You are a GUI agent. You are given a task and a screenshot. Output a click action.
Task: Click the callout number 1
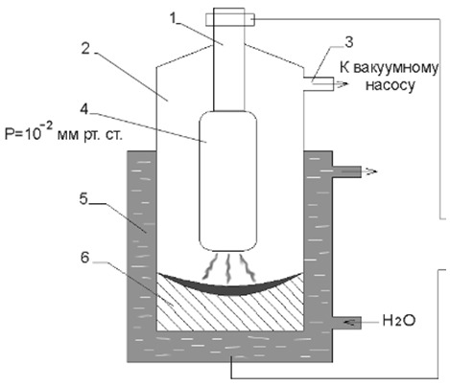pyautogui.click(x=174, y=18)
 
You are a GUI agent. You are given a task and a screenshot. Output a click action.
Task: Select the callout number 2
pyautogui.click(x=85, y=48)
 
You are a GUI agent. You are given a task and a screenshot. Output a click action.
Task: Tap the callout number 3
pyautogui.click(x=349, y=42)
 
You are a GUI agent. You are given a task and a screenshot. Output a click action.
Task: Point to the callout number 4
pyautogui.click(x=84, y=109)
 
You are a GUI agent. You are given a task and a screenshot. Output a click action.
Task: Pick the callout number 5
pyautogui.click(x=83, y=199)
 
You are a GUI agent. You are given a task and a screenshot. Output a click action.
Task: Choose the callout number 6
pyautogui.click(x=84, y=258)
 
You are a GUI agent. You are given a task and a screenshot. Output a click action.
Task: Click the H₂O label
pyautogui.click(x=399, y=320)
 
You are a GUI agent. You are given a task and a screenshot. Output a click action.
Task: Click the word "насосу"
pyautogui.click(x=391, y=85)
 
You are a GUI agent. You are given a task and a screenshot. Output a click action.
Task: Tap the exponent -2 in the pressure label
pyautogui.click(x=46, y=126)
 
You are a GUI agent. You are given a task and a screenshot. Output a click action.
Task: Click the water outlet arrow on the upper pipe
pyautogui.click(x=367, y=171)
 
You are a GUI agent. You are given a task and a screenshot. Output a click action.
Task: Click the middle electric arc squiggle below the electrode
pyautogui.click(x=228, y=267)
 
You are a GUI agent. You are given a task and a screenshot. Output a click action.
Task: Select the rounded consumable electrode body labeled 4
pyautogui.click(x=227, y=181)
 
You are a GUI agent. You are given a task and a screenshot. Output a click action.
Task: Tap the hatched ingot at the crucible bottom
pyautogui.click(x=229, y=313)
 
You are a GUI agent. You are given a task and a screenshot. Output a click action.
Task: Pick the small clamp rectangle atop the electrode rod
pyautogui.click(x=230, y=19)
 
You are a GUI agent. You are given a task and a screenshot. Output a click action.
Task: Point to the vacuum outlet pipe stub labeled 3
pyautogui.click(x=319, y=84)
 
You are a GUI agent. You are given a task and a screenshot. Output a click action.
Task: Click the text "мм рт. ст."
pyautogui.click(x=90, y=135)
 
